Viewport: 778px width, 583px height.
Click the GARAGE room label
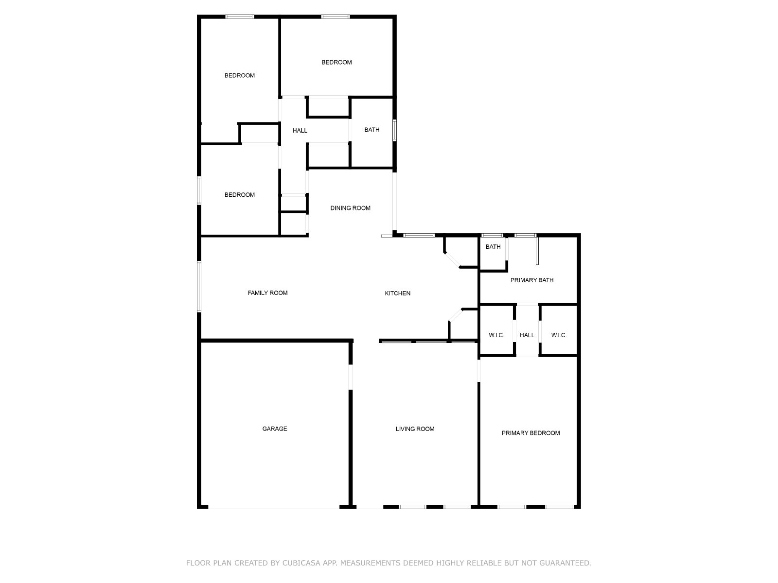tap(275, 429)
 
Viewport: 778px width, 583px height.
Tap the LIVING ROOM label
tap(415, 429)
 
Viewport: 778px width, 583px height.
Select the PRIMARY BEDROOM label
tap(530, 433)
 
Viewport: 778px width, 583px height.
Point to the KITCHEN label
tap(398, 293)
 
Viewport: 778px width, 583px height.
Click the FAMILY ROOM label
tap(267, 292)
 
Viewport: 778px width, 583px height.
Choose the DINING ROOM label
tap(350, 208)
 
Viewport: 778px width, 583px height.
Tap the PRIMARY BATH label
tap(531, 280)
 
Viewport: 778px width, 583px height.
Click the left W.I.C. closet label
tap(496, 335)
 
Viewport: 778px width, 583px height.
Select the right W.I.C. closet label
tap(559, 335)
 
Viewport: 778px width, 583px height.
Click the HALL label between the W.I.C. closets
tap(527, 335)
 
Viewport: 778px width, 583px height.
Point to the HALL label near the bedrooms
tap(300, 130)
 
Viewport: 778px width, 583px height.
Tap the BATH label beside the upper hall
tap(372, 130)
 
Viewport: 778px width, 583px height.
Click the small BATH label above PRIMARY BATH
tap(493, 247)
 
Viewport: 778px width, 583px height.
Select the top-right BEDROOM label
tap(336, 62)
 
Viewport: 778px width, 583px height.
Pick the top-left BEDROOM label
tap(239, 75)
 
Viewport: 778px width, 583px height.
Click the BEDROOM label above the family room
tap(239, 195)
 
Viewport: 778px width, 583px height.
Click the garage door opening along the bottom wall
tap(274, 508)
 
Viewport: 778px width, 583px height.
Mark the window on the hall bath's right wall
tap(395, 130)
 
